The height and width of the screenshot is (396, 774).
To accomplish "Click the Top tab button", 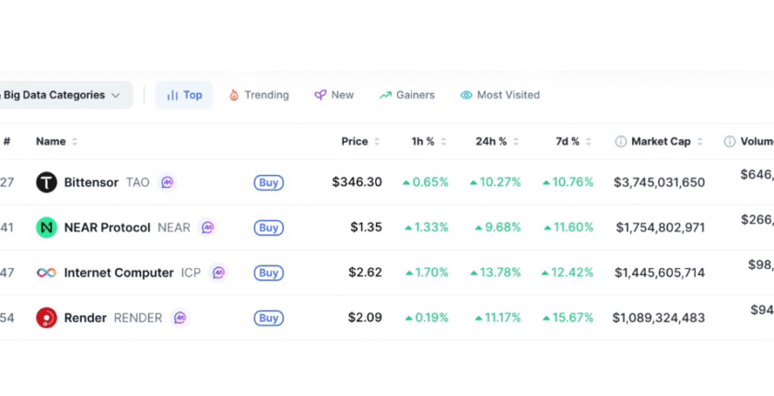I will pyautogui.click(x=184, y=95).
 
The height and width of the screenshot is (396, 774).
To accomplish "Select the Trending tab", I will pyautogui.click(x=259, y=95).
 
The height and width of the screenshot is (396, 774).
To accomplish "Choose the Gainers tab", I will pyautogui.click(x=407, y=95).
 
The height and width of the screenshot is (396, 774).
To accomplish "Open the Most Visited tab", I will pyautogui.click(x=500, y=95).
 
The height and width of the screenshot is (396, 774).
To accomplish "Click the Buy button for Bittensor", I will pyautogui.click(x=268, y=182).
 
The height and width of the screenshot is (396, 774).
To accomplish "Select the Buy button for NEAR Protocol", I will pyautogui.click(x=268, y=227).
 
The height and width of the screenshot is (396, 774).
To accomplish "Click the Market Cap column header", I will pyautogui.click(x=661, y=142).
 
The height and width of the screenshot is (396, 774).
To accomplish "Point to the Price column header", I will pyautogui.click(x=355, y=142).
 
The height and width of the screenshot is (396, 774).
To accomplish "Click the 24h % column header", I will pyautogui.click(x=491, y=142).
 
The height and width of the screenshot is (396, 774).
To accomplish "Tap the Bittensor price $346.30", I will pyautogui.click(x=357, y=182).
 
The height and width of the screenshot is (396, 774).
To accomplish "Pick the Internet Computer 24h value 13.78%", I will pyautogui.click(x=498, y=273).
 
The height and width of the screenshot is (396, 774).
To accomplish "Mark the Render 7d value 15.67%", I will pyautogui.click(x=569, y=318).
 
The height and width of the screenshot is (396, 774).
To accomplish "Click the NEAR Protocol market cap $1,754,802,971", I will pyautogui.click(x=661, y=227).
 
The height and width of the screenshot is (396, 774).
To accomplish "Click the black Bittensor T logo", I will pyautogui.click(x=46, y=182).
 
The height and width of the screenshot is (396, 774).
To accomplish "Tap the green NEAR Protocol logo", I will pyautogui.click(x=46, y=227).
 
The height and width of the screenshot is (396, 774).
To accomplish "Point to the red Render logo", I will pyautogui.click(x=46, y=318).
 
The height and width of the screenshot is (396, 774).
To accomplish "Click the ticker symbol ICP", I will pyautogui.click(x=191, y=273).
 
